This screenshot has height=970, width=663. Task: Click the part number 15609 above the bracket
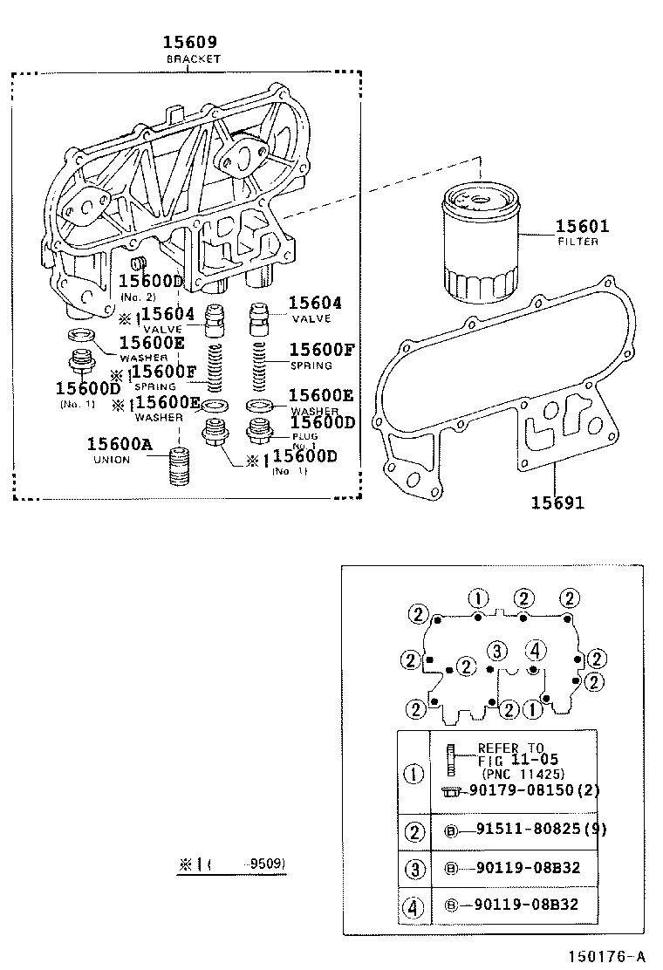(188, 42)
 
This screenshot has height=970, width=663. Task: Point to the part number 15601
(582, 227)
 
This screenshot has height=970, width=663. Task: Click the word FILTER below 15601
(578, 242)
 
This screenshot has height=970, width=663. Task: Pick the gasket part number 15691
(557, 502)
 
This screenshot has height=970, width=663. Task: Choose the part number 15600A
(120, 444)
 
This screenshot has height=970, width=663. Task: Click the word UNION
(111, 460)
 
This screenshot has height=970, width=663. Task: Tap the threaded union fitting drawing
(179, 468)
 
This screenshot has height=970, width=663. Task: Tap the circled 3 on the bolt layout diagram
(497, 651)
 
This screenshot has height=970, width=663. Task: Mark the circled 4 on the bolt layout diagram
(537, 651)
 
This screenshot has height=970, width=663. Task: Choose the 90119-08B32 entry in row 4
(527, 905)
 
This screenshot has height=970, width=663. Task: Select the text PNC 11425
(523, 773)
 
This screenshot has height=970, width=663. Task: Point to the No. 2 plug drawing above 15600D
(136, 263)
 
